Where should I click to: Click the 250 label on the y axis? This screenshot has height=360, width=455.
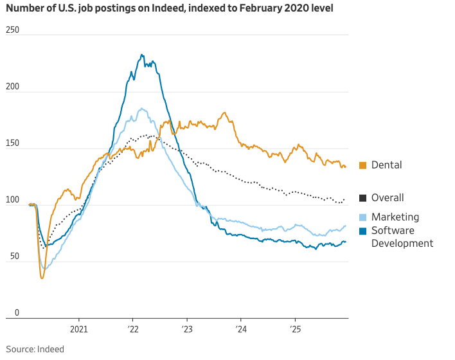click(x=12, y=30)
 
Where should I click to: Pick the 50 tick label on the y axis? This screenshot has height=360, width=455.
click(x=10, y=256)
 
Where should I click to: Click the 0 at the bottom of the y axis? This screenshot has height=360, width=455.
click(x=8, y=313)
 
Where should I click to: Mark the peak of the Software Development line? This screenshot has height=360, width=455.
click(x=142, y=55)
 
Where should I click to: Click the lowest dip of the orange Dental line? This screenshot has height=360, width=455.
click(x=42, y=278)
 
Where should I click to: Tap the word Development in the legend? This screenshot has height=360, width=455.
click(x=402, y=243)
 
